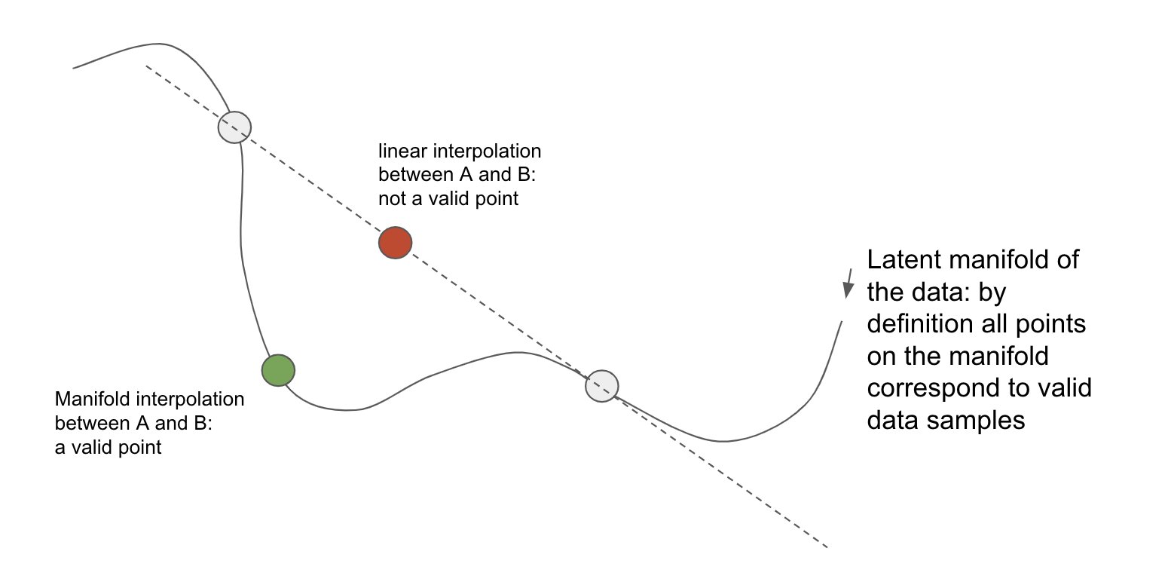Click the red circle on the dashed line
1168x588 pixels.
[395, 243]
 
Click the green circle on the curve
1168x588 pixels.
[278, 370]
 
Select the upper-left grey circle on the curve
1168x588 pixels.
[234, 127]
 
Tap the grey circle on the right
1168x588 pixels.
[602, 386]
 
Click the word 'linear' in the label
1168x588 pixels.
[397, 152]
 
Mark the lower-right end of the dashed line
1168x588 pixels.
[827, 547]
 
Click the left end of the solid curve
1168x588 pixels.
[74, 68]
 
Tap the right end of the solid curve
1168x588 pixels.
[840, 321]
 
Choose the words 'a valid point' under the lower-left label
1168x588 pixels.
[108, 448]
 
